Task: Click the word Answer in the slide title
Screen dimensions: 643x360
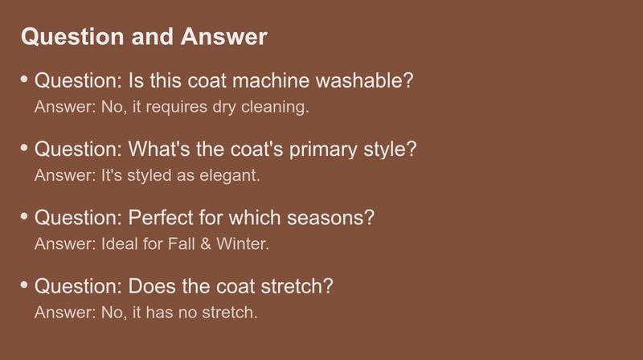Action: pos(224,36)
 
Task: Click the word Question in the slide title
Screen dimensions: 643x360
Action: pos(72,37)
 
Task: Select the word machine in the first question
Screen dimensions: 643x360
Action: pos(271,80)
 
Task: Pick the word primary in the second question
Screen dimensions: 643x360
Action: pos(323,149)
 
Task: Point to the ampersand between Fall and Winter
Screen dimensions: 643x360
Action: pos(206,244)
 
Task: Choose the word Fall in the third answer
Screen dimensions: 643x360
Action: pos(182,244)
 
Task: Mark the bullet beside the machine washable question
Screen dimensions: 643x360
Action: pos(24,79)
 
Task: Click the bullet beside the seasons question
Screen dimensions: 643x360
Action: pos(24,215)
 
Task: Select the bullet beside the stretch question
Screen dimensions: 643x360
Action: pos(24,284)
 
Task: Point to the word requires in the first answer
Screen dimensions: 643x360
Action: pos(177,108)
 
